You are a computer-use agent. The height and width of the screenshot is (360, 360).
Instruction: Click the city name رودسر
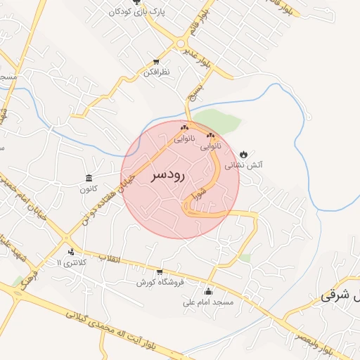click(x=168, y=176)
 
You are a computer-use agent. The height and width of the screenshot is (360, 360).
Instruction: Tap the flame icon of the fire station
click(x=243, y=154)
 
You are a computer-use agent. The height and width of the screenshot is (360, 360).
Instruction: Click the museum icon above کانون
click(x=89, y=178)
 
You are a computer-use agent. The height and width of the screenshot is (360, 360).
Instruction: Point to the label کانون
click(x=89, y=189)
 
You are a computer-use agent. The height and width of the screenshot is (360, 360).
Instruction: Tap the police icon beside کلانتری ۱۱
click(x=70, y=252)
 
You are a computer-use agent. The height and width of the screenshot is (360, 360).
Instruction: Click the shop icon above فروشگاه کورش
click(x=160, y=271)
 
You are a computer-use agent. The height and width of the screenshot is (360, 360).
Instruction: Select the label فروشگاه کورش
click(x=160, y=283)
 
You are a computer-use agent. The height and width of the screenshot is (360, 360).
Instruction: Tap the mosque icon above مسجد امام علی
click(x=207, y=292)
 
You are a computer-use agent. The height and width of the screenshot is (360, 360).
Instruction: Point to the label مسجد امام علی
click(x=207, y=303)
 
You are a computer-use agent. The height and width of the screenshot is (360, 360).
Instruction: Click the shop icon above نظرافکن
click(x=156, y=62)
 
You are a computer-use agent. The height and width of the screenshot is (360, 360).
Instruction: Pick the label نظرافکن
click(x=156, y=72)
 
